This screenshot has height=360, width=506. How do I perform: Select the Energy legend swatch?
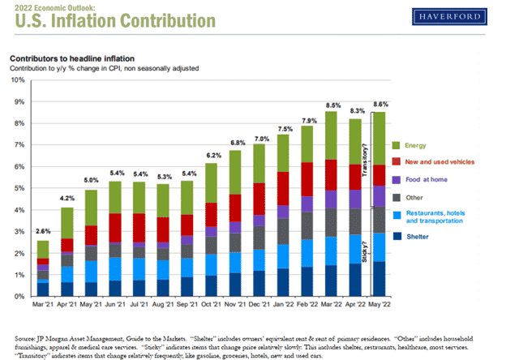pyautogui.click(x=396, y=145)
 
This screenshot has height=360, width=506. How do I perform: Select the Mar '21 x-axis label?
pyautogui.click(x=42, y=306)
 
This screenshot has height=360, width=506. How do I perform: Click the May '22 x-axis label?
pyautogui.click(x=379, y=306)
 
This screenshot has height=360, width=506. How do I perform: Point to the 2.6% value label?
pyautogui.click(x=42, y=234)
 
